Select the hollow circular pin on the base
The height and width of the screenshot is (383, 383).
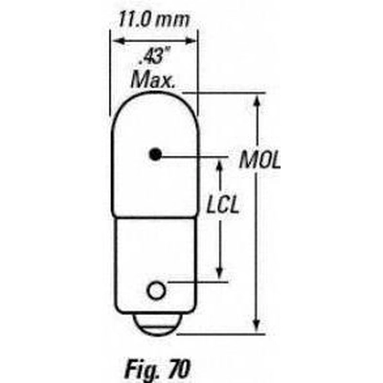(x=153, y=285)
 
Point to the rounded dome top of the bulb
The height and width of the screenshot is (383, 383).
(x=153, y=101)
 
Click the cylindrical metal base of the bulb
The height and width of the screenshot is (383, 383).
(x=153, y=259)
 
